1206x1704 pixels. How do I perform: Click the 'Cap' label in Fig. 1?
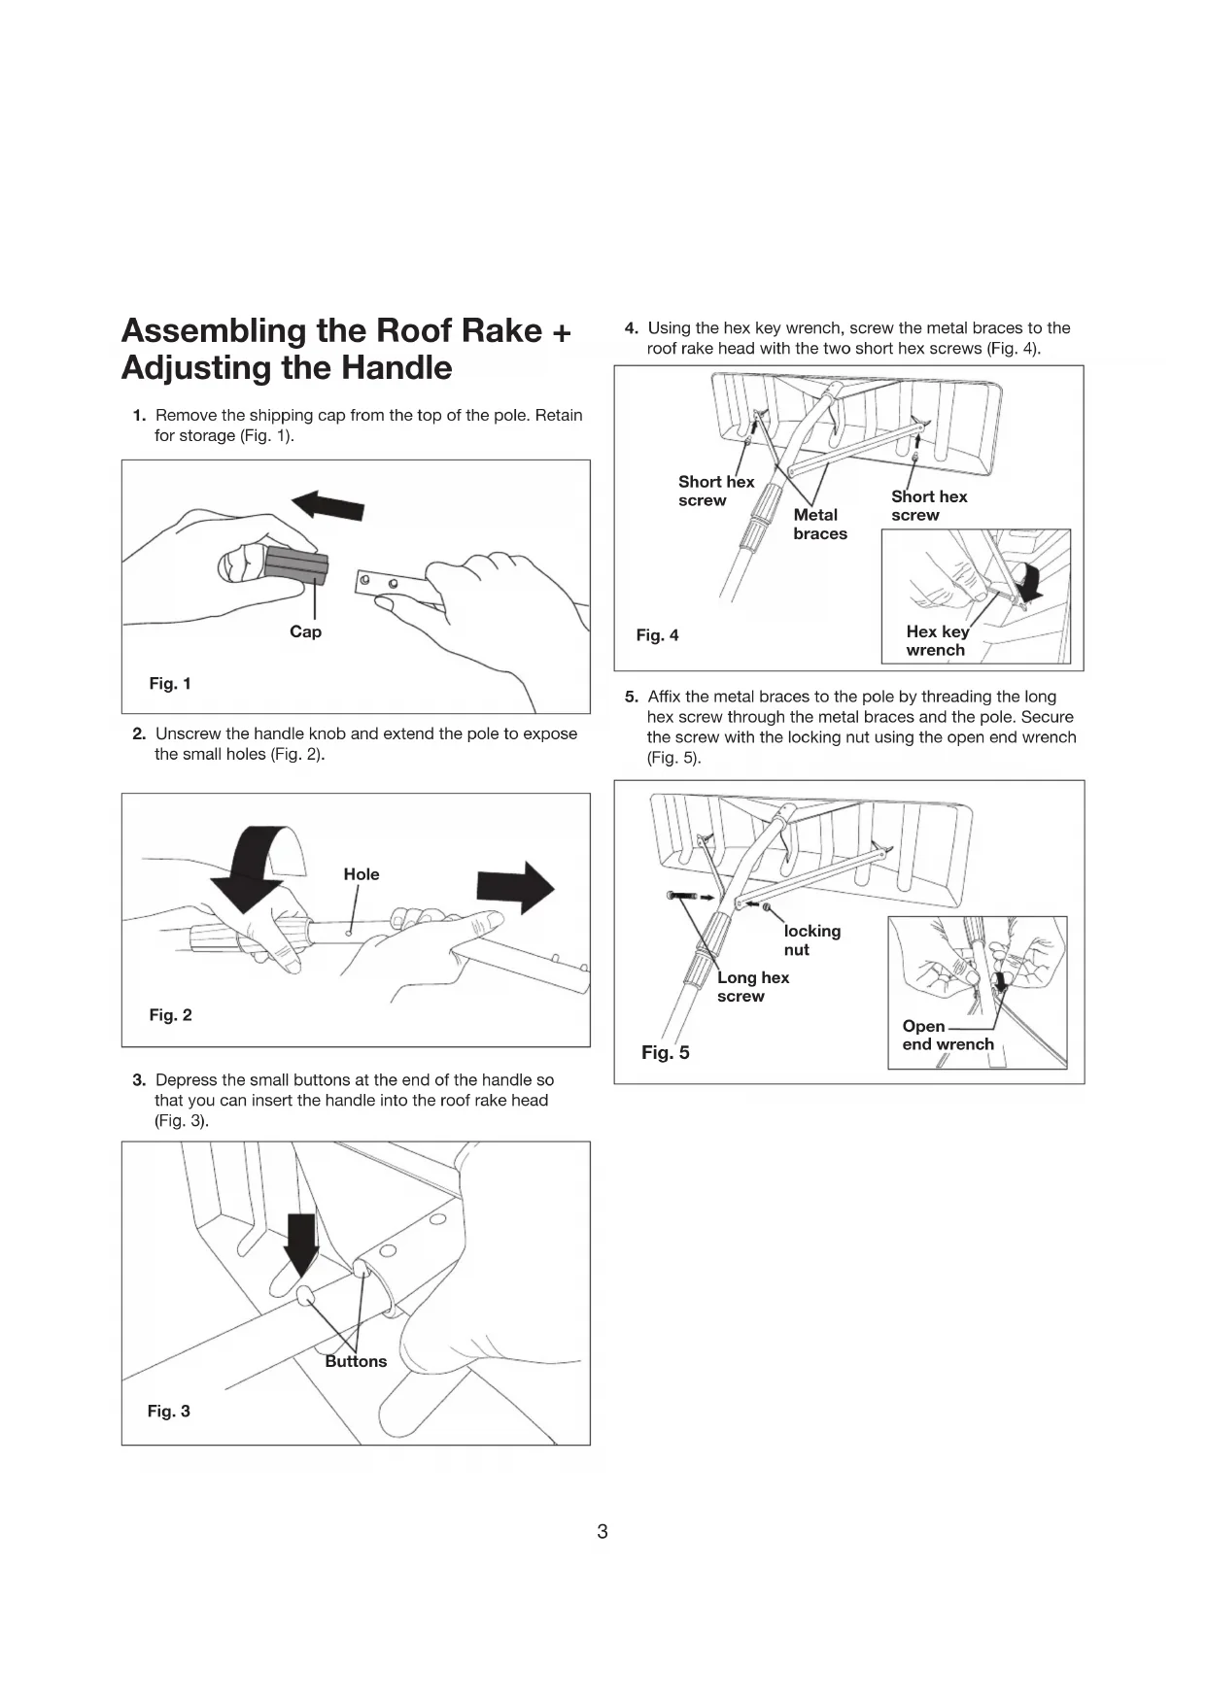tap(305, 631)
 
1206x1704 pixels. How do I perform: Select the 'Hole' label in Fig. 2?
tap(362, 874)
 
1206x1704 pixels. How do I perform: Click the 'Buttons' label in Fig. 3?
tap(356, 1361)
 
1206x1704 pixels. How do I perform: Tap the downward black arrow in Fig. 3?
tap(302, 1244)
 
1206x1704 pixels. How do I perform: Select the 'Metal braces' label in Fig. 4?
tap(819, 525)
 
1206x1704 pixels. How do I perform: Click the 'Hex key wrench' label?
tap(937, 641)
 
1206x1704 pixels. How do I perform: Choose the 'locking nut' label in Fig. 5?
tap(811, 940)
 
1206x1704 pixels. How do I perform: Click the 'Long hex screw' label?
tap(753, 987)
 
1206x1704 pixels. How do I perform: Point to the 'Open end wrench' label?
tap(947, 1036)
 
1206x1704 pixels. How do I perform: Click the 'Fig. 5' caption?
tap(666, 1053)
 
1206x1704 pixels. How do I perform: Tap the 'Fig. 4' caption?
tap(657, 635)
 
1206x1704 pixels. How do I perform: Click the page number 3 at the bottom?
tap(603, 1532)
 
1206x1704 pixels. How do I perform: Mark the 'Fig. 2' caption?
tap(170, 1015)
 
